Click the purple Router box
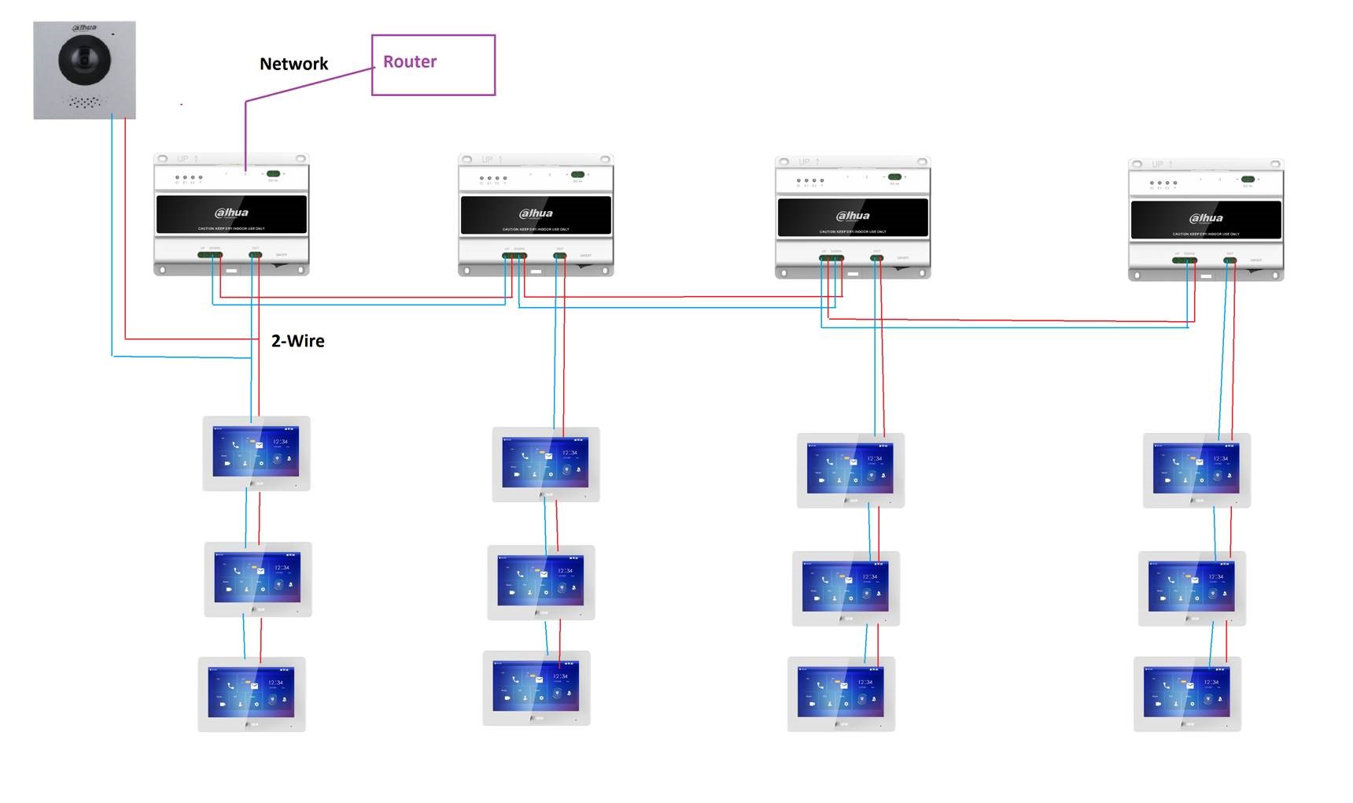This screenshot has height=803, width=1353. pos(433,65)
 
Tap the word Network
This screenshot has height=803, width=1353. pos(293,64)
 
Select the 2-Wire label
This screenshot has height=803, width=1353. pos(297,341)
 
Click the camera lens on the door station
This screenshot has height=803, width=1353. pos(84,59)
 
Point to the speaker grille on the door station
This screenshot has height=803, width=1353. pos(84,102)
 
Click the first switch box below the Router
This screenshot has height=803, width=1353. pos(231,215)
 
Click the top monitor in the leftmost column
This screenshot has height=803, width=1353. pos(256,453)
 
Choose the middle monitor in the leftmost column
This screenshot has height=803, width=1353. pos(258,579)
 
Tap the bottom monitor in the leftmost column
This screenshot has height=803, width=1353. pos(252,694)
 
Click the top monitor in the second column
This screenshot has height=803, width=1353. pos(546,464)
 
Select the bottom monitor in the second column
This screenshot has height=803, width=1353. pos(536,687)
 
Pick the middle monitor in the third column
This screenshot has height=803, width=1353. pos(846,588)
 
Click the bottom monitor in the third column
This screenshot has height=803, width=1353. pos(841,694)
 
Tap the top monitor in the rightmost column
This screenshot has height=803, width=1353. pos(1196,470)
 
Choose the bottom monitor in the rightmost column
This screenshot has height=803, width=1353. pos(1187,694)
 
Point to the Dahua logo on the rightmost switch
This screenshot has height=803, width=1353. pos(1206,218)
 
